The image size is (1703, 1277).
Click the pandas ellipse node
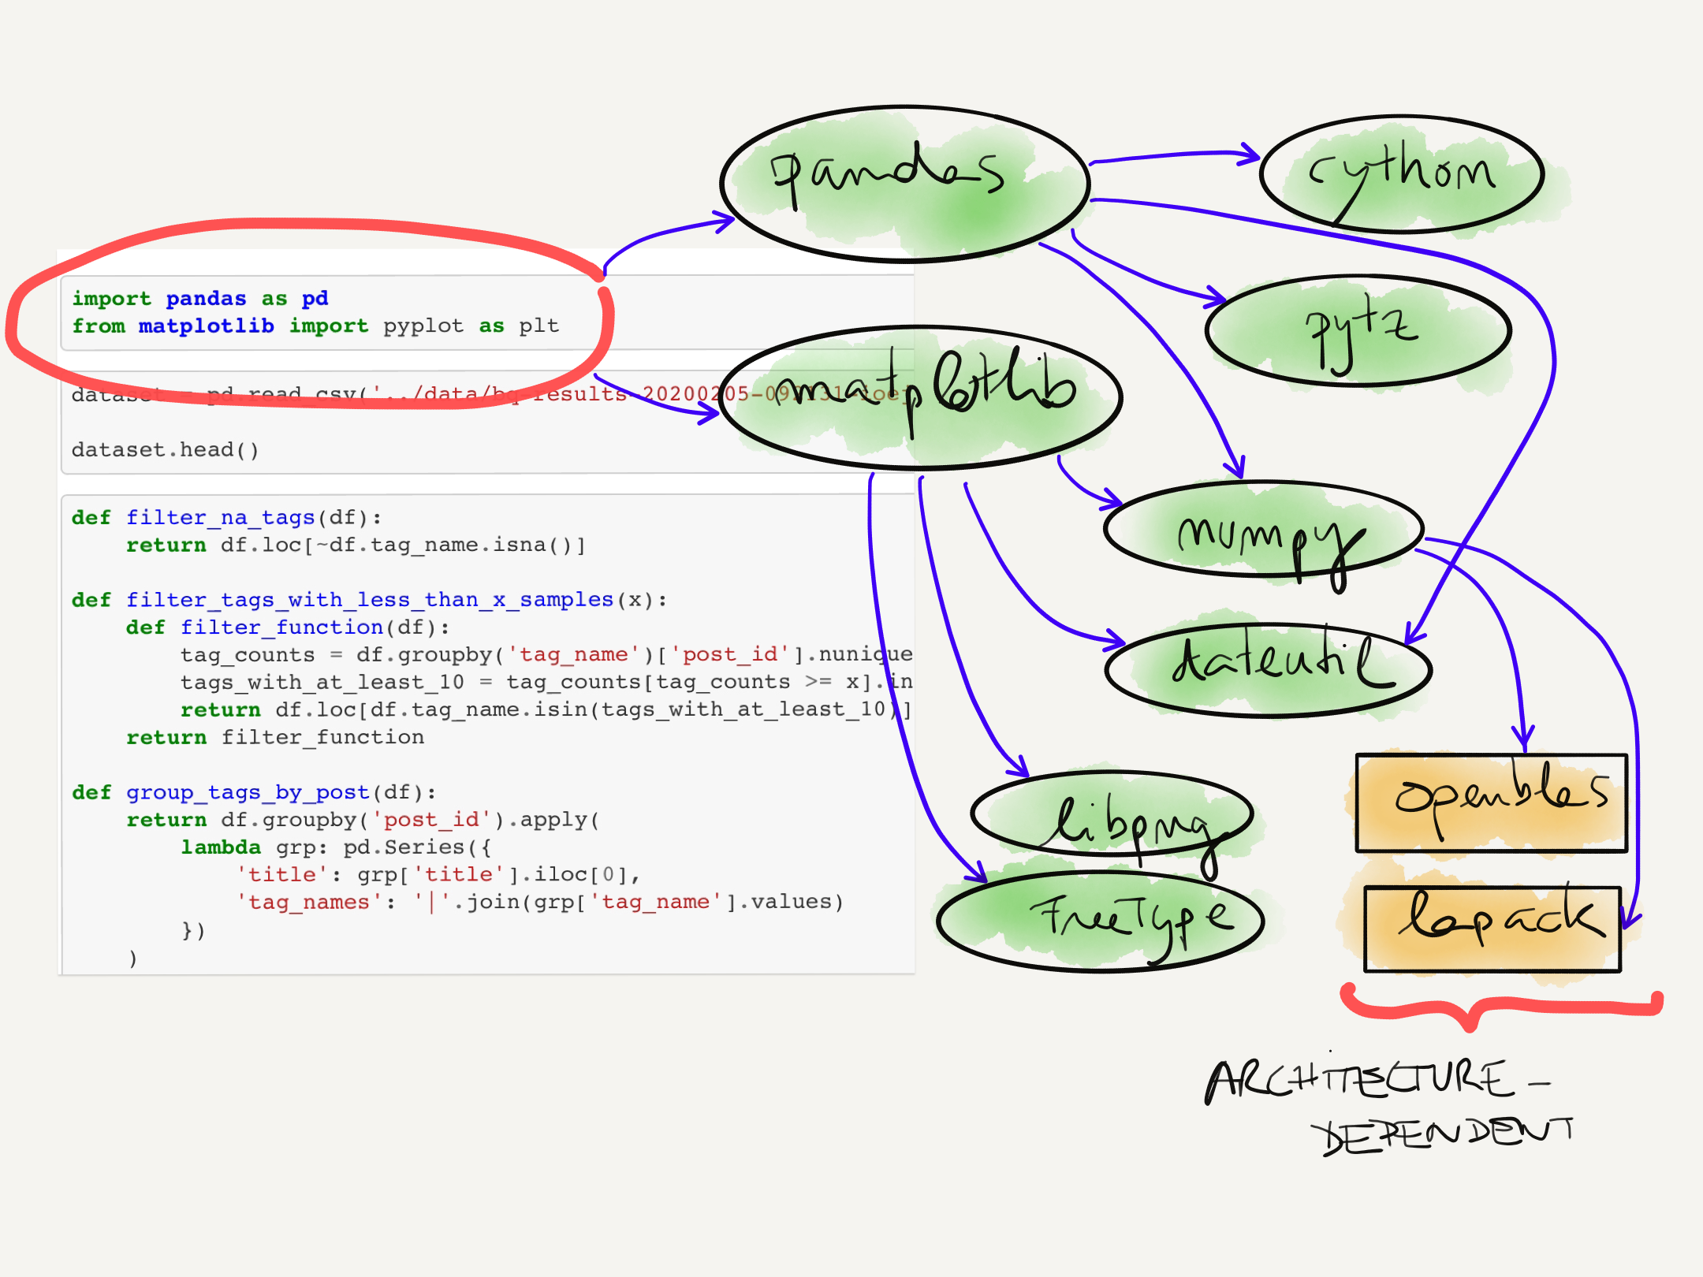(905, 183)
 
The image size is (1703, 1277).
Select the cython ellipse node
(1402, 174)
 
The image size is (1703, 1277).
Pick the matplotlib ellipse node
(921, 397)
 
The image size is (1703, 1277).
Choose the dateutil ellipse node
(1268, 670)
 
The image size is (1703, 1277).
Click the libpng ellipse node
(1112, 813)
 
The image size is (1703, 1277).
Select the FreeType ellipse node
(1101, 921)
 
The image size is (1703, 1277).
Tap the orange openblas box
(1491, 802)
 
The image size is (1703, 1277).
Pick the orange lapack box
(1492, 929)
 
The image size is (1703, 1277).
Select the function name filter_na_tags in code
(220, 518)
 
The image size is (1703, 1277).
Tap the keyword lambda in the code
(220, 847)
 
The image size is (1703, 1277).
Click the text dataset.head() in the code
(165, 450)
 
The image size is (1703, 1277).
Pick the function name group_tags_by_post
(248, 792)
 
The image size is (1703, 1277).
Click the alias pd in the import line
(315, 299)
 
